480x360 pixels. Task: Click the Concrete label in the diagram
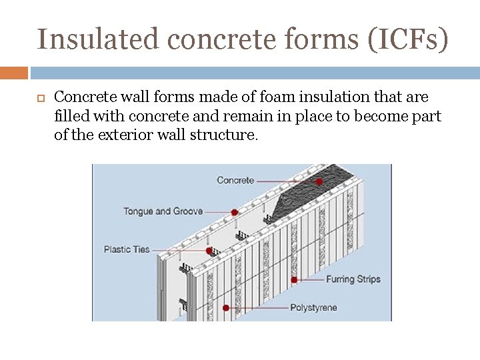(235, 180)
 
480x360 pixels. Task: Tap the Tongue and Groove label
(163, 211)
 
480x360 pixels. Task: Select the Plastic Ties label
(127, 249)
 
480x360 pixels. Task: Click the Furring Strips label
(353, 279)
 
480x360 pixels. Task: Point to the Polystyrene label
(313, 307)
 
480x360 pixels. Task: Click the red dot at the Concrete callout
(319, 181)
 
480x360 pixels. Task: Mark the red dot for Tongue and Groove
(234, 213)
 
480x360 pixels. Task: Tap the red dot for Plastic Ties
(209, 251)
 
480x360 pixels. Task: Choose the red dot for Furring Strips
(294, 280)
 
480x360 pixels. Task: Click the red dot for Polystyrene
(226, 308)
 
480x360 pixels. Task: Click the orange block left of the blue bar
(14, 72)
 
